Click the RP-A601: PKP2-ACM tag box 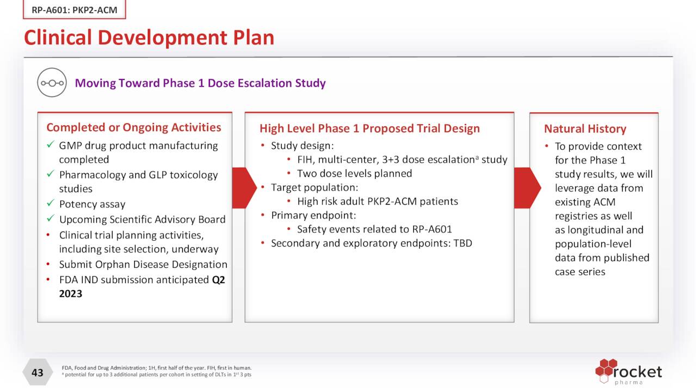[x=74, y=10]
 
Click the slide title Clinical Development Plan [x=149, y=38]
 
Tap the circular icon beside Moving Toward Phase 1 [x=52, y=83]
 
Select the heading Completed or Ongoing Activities [x=134, y=127]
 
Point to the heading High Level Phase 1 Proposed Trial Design [x=369, y=128]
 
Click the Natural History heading [x=585, y=129]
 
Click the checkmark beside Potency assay [x=50, y=204]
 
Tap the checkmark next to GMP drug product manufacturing [x=50, y=145]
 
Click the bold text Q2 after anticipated [x=218, y=280]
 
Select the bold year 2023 [x=71, y=294]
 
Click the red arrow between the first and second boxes [x=244, y=188]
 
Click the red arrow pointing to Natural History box [x=526, y=188]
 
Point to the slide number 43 [x=37, y=372]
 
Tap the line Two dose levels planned [x=354, y=174]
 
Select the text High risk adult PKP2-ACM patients [x=377, y=201]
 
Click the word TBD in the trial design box [x=462, y=243]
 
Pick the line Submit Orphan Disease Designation [x=143, y=265]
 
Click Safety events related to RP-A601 [x=374, y=229]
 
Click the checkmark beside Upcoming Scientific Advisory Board [x=50, y=219]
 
